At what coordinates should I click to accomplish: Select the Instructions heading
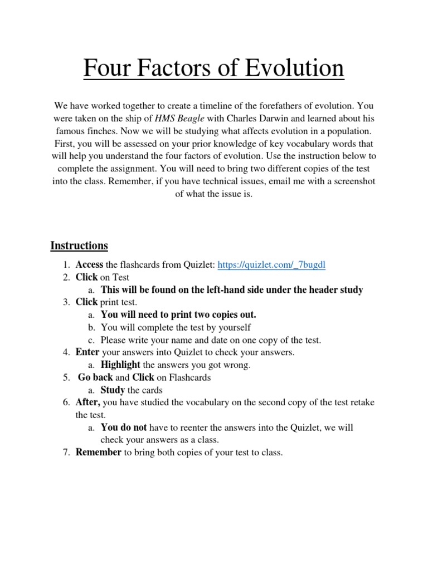tap(79, 245)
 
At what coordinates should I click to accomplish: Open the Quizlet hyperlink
tap(271, 265)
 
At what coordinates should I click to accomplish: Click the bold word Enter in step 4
tap(87, 352)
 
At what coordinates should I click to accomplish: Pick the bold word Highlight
tap(120, 365)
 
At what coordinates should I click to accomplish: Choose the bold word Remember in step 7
tap(99, 453)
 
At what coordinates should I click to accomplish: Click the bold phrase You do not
tap(124, 427)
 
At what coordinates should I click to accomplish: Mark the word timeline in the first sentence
tap(219, 105)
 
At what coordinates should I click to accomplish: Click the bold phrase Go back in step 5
tap(95, 377)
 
